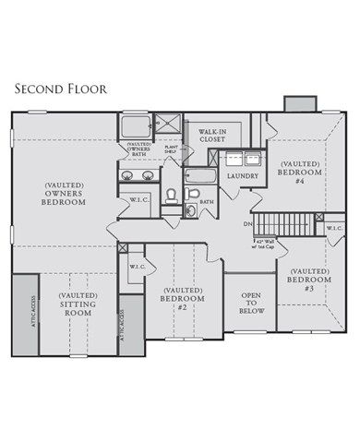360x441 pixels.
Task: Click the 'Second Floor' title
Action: coord(57,89)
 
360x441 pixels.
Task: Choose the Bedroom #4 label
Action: coord(299,171)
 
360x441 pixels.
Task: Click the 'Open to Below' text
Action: coord(251,304)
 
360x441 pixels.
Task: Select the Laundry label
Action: coord(242,175)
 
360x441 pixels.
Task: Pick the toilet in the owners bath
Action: coord(171,195)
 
